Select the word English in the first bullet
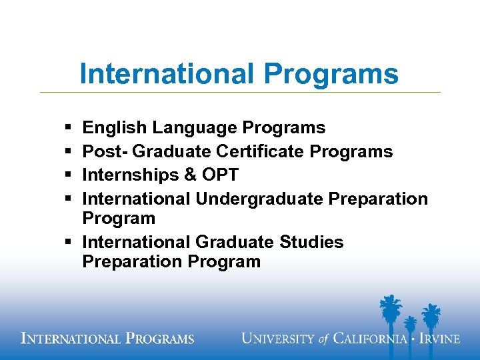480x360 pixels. (x=115, y=127)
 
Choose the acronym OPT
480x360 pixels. (x=222, y=175)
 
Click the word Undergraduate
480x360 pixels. (x=269, y=199)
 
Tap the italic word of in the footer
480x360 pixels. (x=323, y=339)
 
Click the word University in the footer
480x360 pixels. (x=279, y=339)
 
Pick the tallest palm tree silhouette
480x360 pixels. (x=388, y=313)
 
